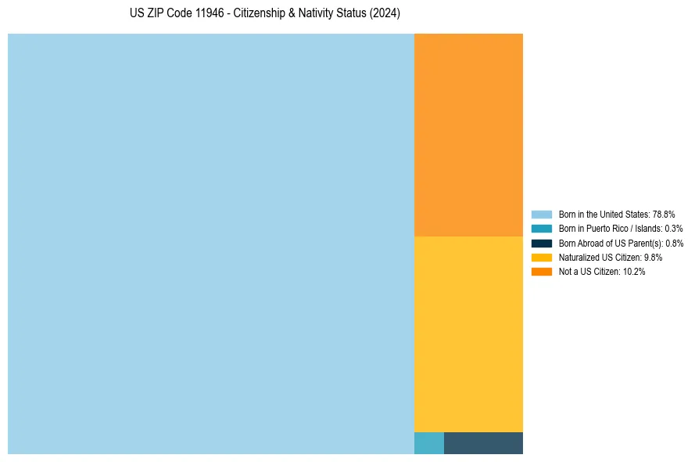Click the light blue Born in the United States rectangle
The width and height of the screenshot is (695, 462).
coord(211,244)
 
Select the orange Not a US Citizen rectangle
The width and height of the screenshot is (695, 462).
coord(468,135)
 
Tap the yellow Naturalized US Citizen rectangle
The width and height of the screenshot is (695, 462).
coord(468,334)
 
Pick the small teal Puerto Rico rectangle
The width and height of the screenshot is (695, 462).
coord(429,443)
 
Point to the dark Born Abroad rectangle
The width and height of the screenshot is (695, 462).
coord(483,443)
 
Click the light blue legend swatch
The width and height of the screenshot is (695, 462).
coord(542,214)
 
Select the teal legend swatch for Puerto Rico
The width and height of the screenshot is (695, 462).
coord(542,229)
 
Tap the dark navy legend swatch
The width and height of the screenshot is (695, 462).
coord(542,243)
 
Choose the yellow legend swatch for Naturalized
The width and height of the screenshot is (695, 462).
coord(542,257)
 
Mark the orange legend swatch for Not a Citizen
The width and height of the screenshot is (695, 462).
coord(542,272)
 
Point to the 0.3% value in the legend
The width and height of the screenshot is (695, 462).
coord(673,229)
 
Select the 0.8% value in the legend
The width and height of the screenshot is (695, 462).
coord(674,243)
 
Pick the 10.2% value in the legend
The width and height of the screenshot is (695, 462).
coord(634,272)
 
